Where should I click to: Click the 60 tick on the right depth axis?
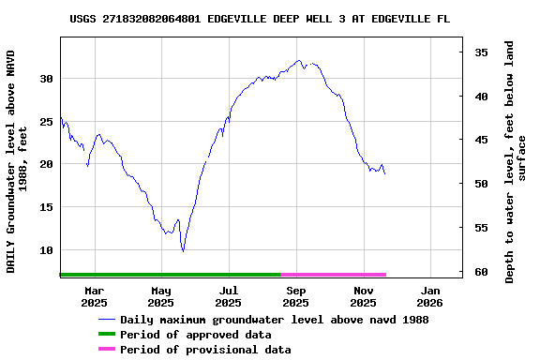click(480, 272)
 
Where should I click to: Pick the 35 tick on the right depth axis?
click(480, 52)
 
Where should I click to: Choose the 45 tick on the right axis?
click(480, 140)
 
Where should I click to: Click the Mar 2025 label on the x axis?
click(94, 296)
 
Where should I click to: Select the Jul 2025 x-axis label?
click(228, 296)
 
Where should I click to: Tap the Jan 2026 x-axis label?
click(429, 296)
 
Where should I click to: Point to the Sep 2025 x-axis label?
click(295, 296)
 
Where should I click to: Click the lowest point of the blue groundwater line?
click(184, 251)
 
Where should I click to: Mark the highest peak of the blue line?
click(299, 61)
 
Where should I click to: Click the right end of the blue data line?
click(384, 173)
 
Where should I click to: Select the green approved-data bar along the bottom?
click(170, 275)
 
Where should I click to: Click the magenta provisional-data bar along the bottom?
click(333, 275)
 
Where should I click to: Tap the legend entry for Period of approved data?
click(196, 335)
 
